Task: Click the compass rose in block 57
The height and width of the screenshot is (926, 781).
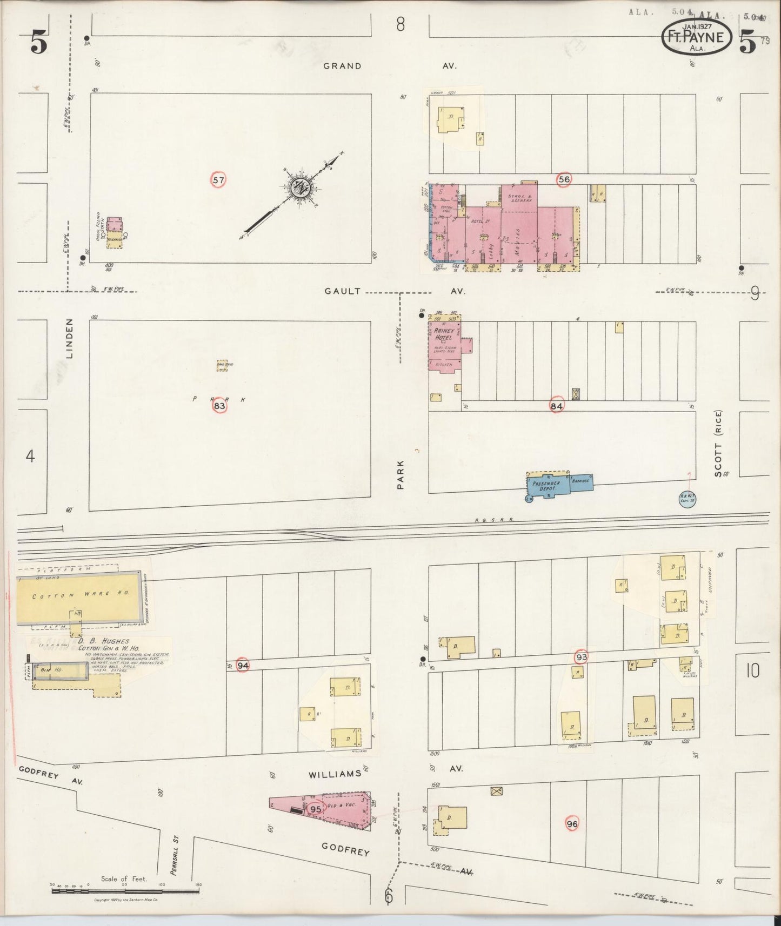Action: pyautogui.click(x=298, y=189)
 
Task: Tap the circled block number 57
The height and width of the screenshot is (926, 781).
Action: pyautogui.click(x=218, y=180)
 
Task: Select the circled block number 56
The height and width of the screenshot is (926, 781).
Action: pyautogui.click(x=564, y=179)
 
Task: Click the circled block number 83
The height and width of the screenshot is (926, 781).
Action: pyautogui.click(x=219, y=406)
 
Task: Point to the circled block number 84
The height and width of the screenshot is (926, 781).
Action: pyautogui.click(x=557, y=405)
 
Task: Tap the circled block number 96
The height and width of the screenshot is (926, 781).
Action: pyautogui.click(x=572, y=824)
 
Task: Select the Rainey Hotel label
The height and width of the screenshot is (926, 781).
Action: pyautogui.click(x=443, y=333)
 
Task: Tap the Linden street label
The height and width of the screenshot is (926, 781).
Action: pyautogui.click(x=70, y=338)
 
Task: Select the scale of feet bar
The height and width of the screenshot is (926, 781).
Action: pyautogui.click(x=125, y=891)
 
